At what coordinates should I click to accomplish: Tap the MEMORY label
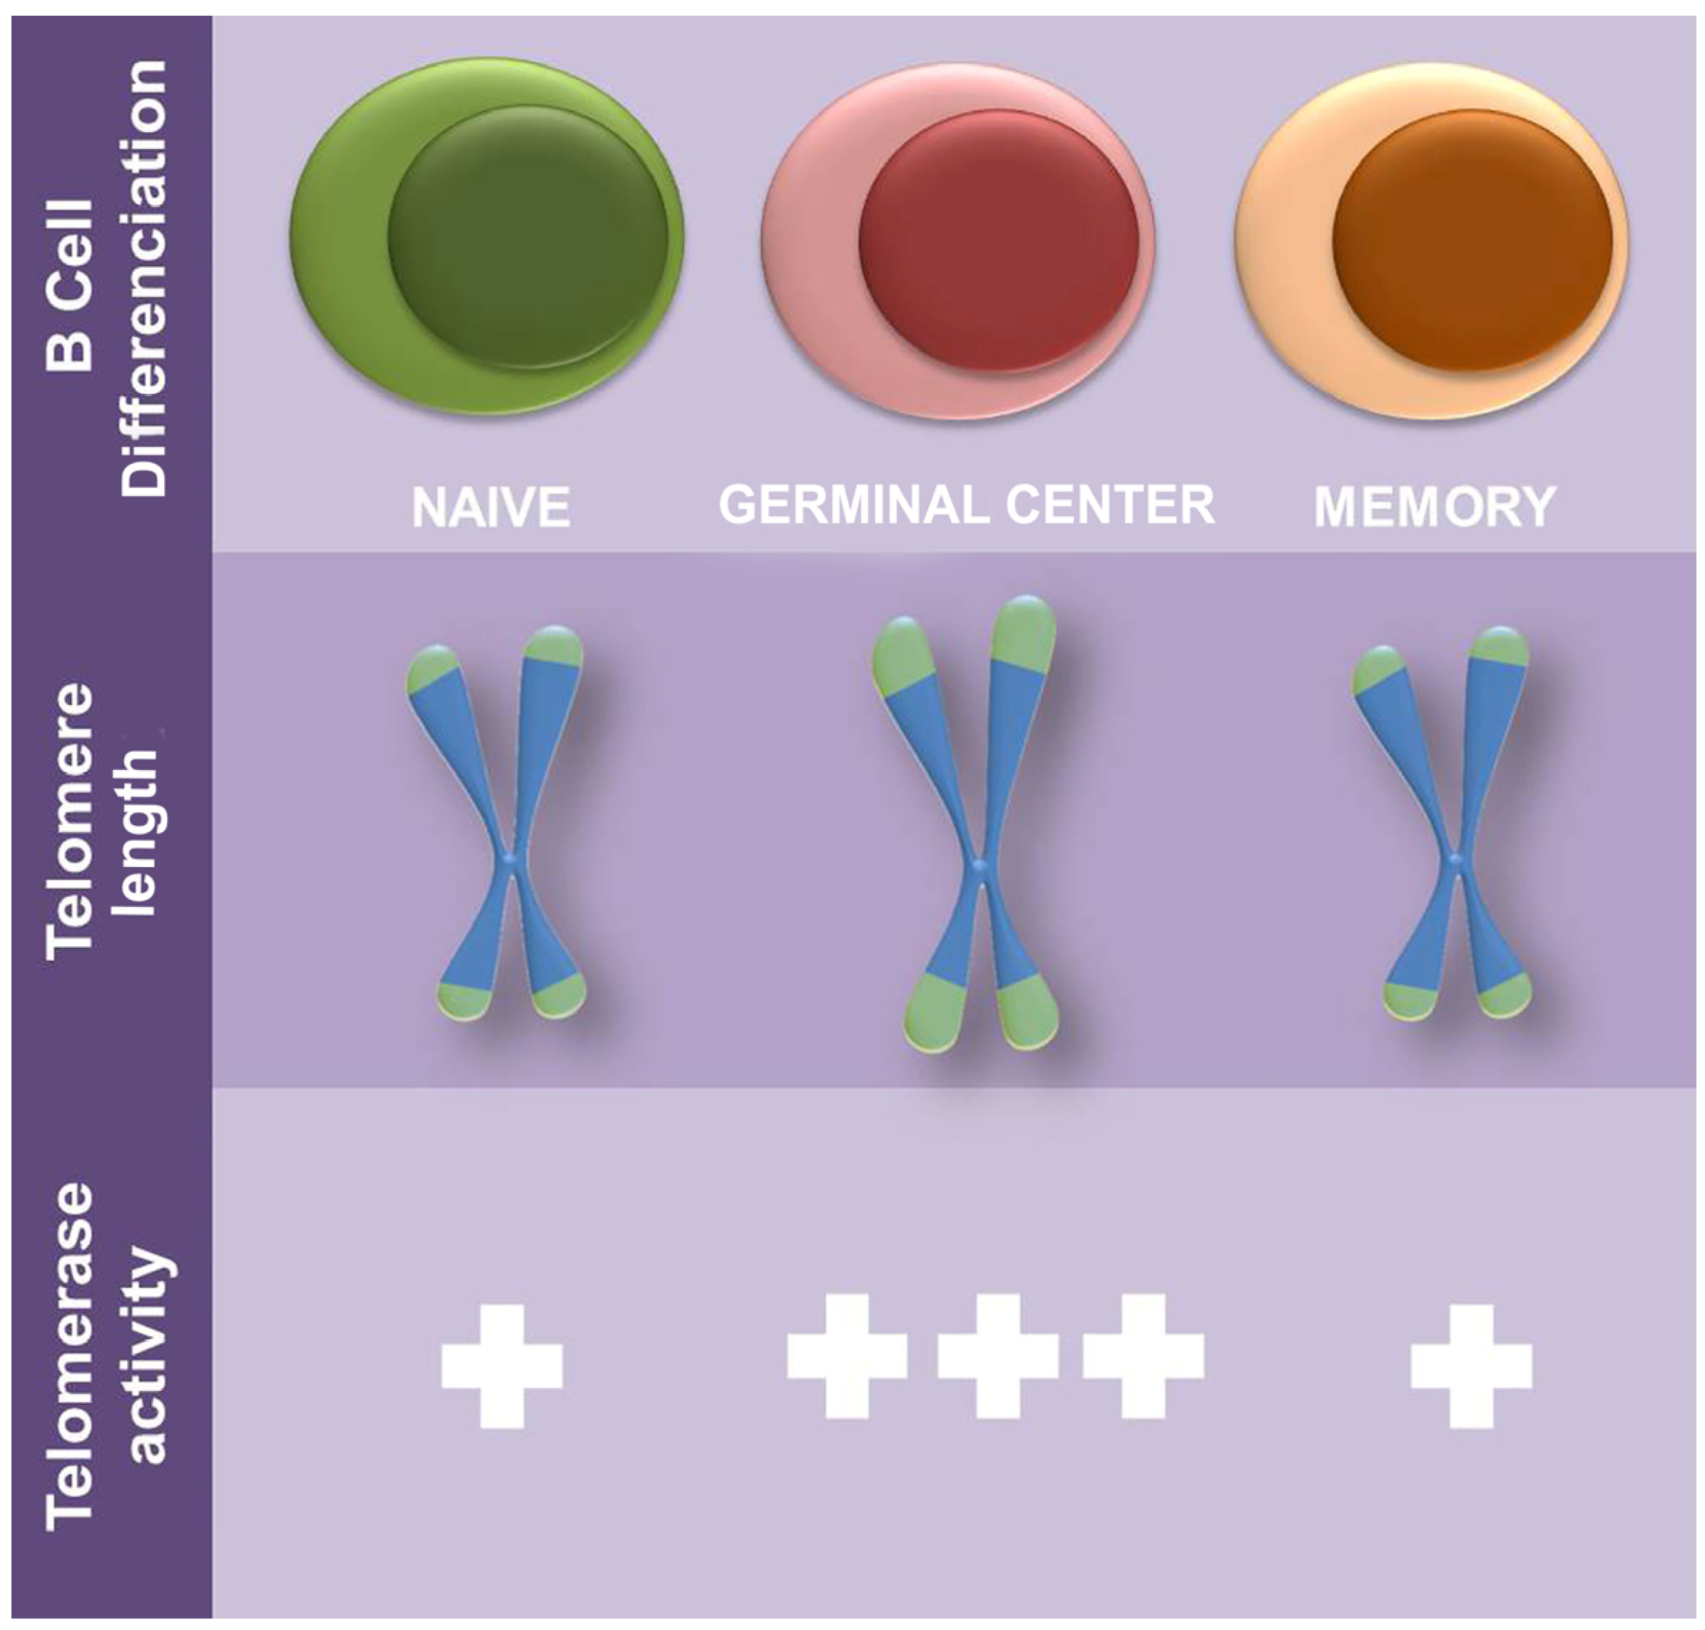(1435, 507)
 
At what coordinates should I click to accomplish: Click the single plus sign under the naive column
(502, 1366)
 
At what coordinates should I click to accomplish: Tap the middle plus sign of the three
(997, 1355)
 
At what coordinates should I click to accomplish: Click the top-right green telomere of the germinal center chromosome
(1025, 630)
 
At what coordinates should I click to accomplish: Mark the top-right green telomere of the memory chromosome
(1500, 647)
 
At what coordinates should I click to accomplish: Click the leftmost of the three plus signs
(847, 1355)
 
